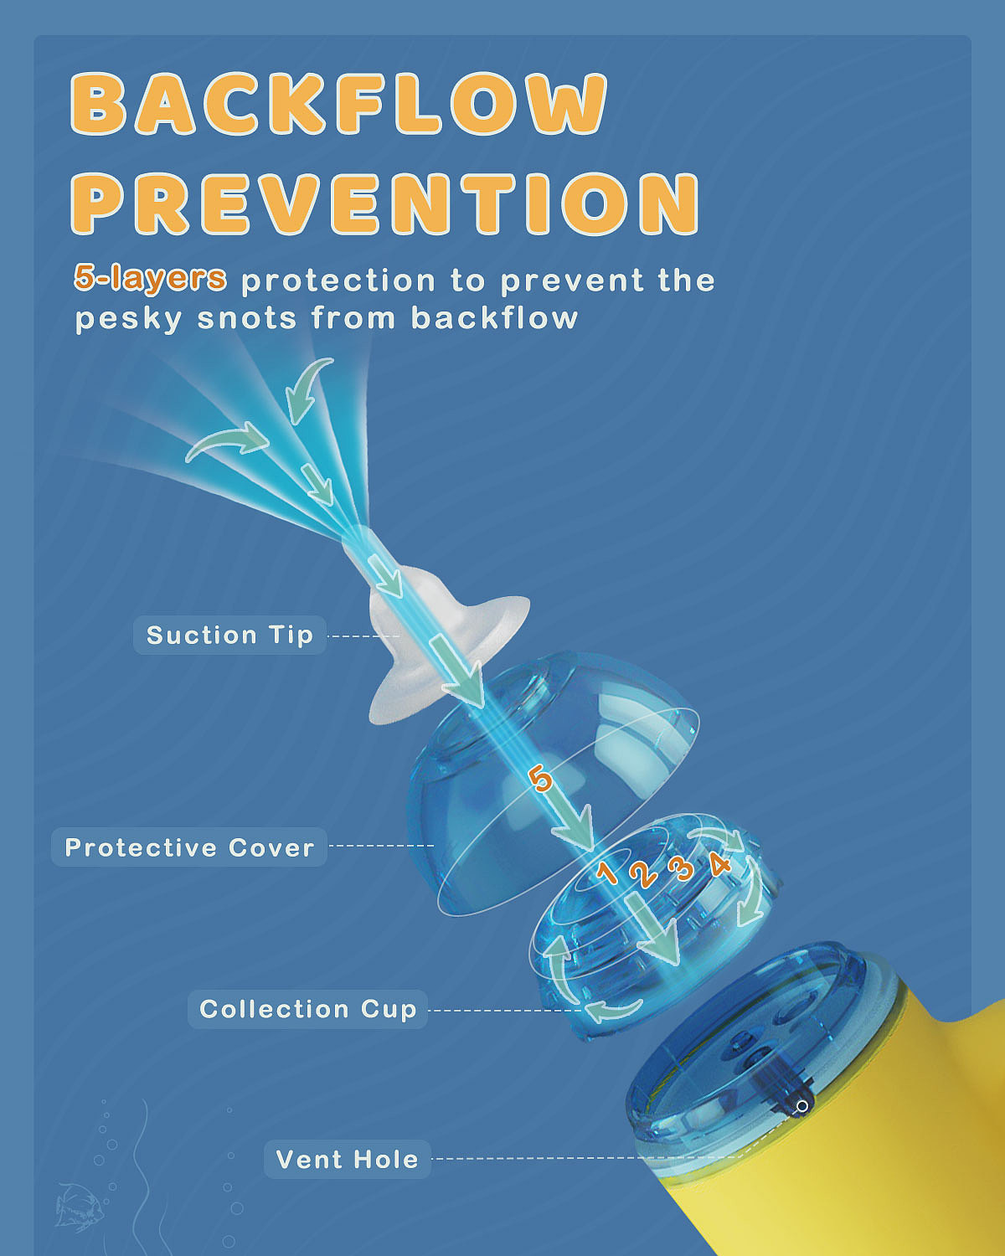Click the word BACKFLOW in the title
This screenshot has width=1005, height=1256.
(338, 104)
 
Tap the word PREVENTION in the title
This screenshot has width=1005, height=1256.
(385, 203)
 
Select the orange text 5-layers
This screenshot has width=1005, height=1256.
(150, 278)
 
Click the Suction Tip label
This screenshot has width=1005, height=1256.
(229, 635)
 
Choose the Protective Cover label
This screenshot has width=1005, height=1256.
(189, 847)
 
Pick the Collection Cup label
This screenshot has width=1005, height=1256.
(307, 1008)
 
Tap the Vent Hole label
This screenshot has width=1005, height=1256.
(348, 1159)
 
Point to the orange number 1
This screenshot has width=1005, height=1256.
(608, 872)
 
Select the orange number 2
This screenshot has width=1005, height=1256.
(643, 873)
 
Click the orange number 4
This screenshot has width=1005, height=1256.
(719, 863)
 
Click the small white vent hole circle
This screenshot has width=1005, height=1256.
(802, 1106)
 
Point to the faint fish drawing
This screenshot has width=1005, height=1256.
(80, 1207)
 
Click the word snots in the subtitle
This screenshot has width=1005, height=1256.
(247, 319)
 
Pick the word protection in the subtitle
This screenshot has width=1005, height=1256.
(338, 281)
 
